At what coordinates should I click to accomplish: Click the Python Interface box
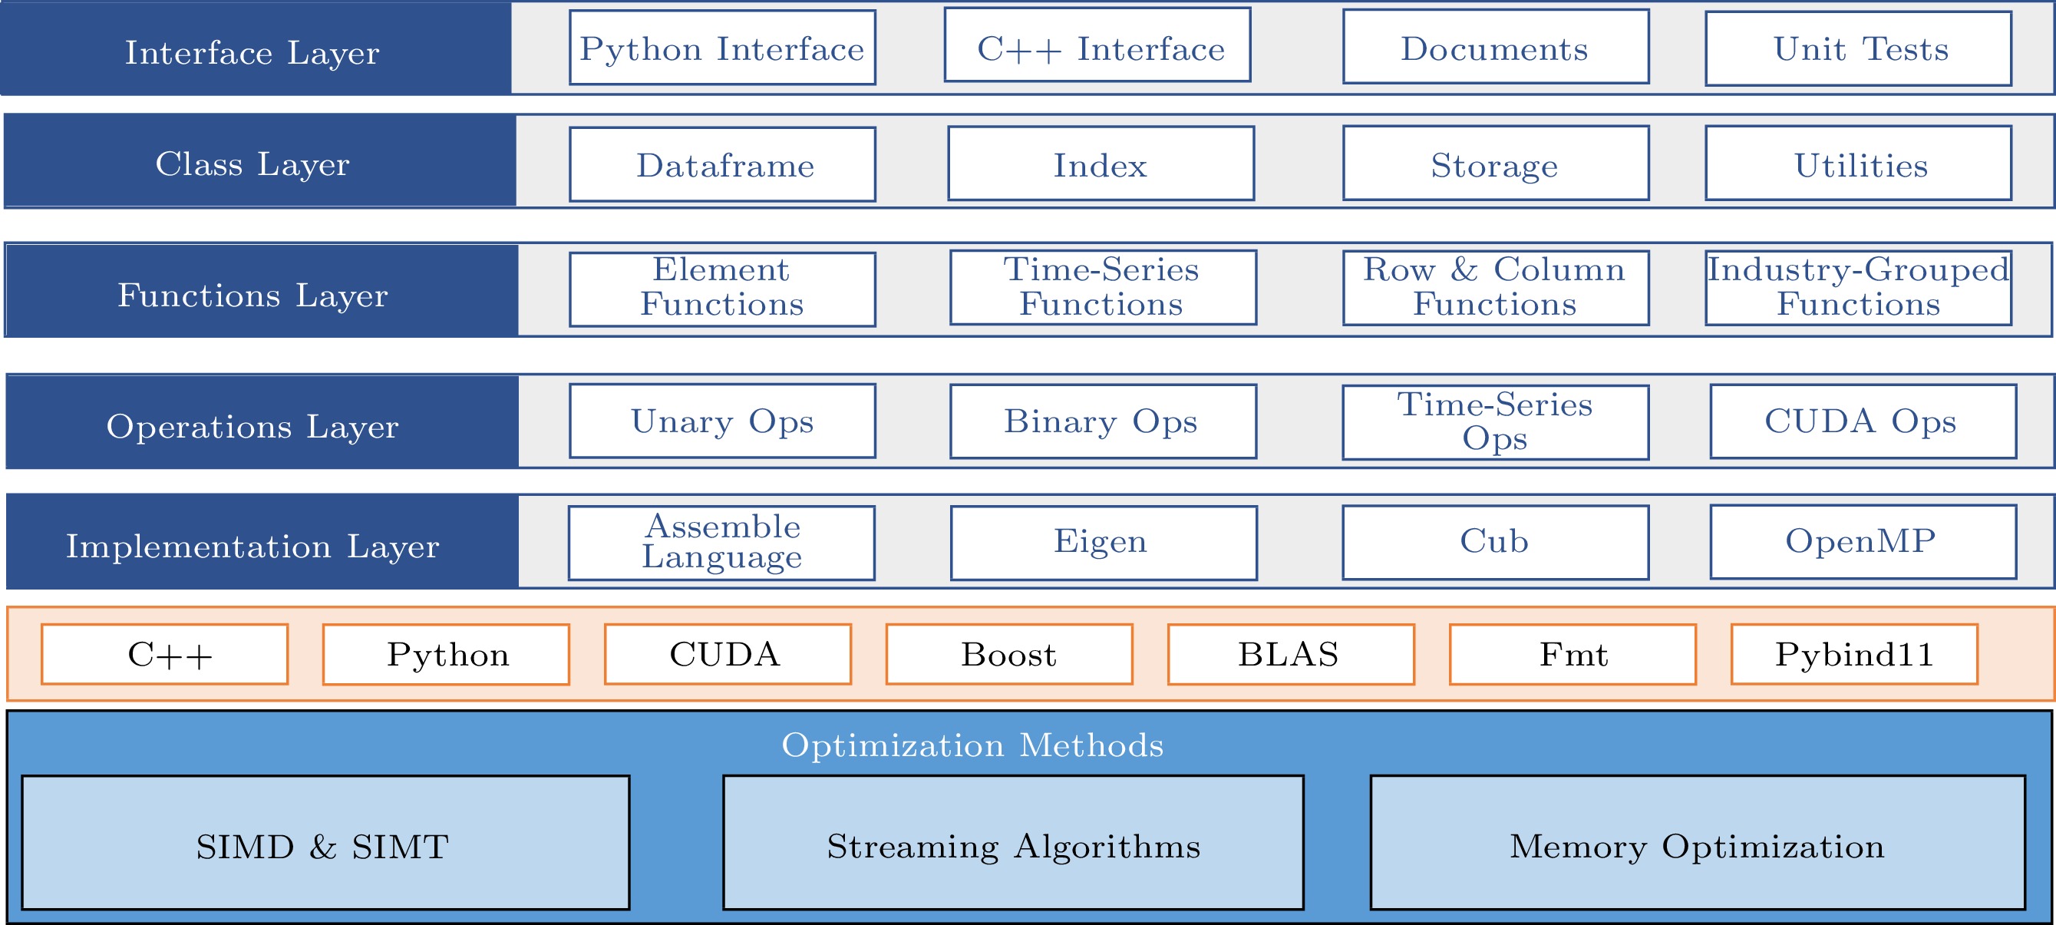722,48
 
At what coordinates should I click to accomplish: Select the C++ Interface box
1097,45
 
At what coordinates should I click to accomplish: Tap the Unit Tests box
1858,48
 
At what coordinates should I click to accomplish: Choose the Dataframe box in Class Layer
722,164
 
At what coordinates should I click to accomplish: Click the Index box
1101,164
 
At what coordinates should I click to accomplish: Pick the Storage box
1496,163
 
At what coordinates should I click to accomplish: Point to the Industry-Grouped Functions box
1858,288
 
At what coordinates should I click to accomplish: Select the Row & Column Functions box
1496,288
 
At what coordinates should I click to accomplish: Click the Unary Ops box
722,421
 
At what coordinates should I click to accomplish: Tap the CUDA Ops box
1863,421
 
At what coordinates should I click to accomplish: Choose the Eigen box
1104,543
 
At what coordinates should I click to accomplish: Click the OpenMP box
1863,542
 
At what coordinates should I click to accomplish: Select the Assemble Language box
721,543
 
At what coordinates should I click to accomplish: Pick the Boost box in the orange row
1009,655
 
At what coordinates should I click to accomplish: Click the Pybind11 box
1854,655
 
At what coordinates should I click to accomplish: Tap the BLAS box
1291,655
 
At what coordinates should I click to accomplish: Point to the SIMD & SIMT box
325,843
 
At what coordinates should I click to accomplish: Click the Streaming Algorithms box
1014,843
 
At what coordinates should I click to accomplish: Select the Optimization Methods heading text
972,745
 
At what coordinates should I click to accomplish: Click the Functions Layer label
253,296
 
